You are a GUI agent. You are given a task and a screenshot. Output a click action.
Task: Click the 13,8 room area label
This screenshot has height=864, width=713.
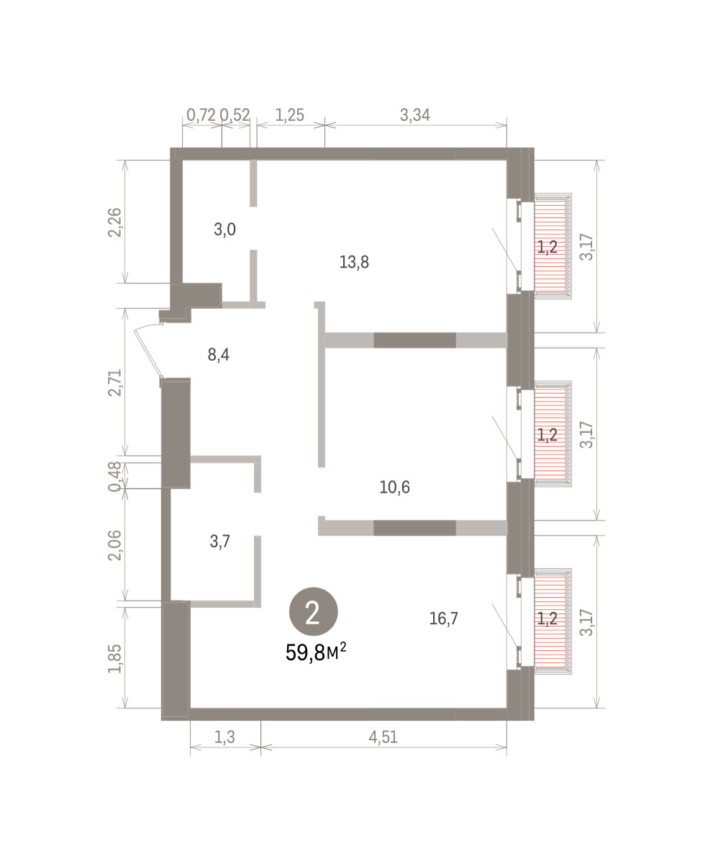coord(354,262)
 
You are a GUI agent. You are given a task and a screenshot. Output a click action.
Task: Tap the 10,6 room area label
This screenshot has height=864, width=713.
coord(394,487)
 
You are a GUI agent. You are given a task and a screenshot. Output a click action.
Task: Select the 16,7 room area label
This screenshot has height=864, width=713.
coord(443,618)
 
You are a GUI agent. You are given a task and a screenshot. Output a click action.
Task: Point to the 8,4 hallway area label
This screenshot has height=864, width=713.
coord(219,355)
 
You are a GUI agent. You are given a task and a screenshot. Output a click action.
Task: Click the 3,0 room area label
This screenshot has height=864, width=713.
coord(224,229)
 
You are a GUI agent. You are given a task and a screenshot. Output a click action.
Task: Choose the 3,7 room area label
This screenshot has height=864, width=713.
coord(219,541)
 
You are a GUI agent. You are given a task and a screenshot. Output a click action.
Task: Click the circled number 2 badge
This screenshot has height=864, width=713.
coord(313,613)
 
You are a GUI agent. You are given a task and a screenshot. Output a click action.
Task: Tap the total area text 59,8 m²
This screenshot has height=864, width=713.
coord(316,653)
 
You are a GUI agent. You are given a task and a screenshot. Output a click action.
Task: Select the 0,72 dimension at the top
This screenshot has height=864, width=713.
coord(201,115)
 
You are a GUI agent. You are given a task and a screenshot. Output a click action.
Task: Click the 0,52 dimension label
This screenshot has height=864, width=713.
coord(235,115)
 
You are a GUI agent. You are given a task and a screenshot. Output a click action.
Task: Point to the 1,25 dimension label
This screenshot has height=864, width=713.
coord(289,115)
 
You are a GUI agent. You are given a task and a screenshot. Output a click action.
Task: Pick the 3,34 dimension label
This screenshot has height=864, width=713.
coord(415,115)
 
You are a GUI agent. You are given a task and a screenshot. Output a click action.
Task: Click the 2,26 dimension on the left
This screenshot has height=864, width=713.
coord(115,222)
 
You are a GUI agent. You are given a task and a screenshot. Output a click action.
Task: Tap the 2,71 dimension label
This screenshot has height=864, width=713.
coord(115,382)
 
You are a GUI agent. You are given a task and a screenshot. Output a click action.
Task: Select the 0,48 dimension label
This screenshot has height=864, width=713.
coord(115,476)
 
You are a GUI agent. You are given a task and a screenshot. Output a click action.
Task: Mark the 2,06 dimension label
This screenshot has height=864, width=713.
coord(115,545)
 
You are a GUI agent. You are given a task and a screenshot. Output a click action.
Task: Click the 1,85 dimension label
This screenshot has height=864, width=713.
coord(115,659)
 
